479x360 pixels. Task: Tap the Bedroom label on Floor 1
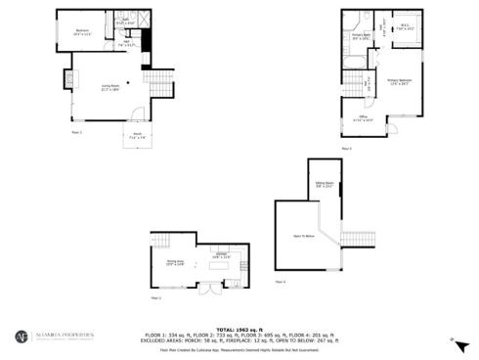pyautogui.click(x=82, y=32)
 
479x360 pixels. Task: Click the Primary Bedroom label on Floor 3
pyautogui.click(x=399, y=80)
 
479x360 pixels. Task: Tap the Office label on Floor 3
pyautogui.click(x=363, y=119)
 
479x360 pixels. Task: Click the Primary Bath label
pyautogui.click(x=362, y=37)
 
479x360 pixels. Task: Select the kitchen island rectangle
pyautogui.click(x=216, y=265)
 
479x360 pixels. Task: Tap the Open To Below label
pyautogui.click(x=303, y=236)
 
